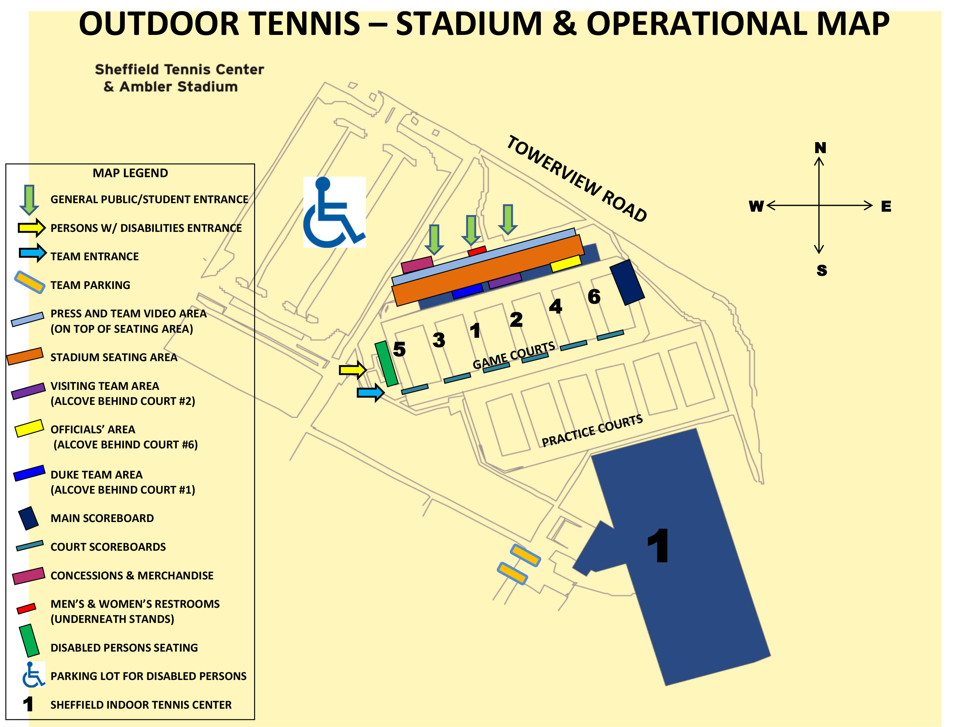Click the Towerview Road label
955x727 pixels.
pos(577,178)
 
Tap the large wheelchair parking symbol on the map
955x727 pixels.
pos(334,212)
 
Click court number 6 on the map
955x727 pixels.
pos(594,297)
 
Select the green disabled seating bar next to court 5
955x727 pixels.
pos(386,363)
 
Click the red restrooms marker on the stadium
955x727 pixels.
pos(477,251)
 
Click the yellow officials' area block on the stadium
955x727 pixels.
pos(565,264)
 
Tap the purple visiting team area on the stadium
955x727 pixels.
pos(505,280)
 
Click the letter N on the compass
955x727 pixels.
pos(820,148)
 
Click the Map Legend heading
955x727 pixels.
pos(130,173)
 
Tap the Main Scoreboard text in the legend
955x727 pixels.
pos(102,518)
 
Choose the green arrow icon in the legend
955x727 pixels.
pos(29,199)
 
